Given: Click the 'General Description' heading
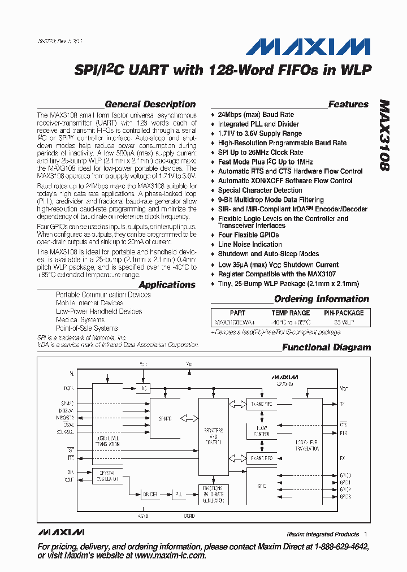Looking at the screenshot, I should click(150, 104).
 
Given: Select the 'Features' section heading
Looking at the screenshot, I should click(348, 104).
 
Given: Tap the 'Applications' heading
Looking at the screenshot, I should click(167, 285).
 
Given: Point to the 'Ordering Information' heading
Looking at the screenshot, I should click(321, 299).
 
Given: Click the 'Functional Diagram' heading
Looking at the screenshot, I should click(326, 348).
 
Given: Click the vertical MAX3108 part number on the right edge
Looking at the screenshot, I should click(385, 136).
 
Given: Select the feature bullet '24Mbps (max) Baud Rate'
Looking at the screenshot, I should click(256, 115).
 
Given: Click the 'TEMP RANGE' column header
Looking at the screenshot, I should click(291, 313).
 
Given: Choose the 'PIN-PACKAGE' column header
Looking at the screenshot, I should click(344, 313).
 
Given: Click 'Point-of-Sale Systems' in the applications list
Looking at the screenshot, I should click(86, 328).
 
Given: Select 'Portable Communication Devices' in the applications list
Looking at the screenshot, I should click(103, 295).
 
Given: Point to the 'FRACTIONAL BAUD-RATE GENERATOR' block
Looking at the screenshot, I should click(214, 494).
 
